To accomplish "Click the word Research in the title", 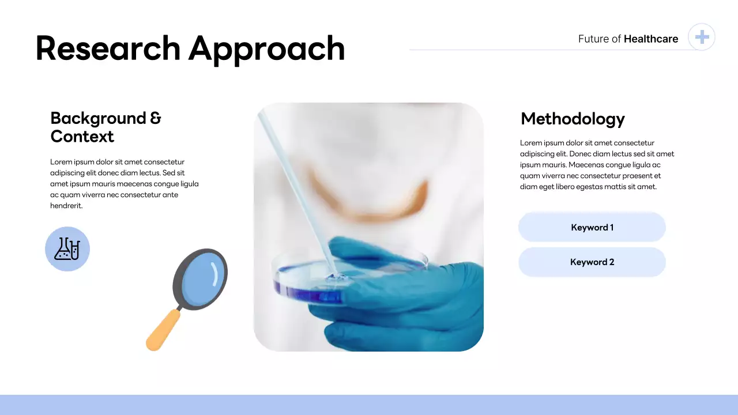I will click(x=108, y=48).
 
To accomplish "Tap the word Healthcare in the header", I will click(x=651, y=39).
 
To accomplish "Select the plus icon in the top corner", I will click(x=702, y=37).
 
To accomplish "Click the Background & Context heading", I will click(x=106, y=127).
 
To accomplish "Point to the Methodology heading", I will click(x=573, y=119).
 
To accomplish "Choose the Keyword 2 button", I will click(x=592, y=262).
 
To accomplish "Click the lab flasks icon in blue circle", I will click(x=67, y=249).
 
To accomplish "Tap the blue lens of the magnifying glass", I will click(x=201, y=279).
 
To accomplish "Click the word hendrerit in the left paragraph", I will click(x=66, y=206).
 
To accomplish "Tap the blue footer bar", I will click(x=369, y=405).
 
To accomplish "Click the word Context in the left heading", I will click(x=82, y=137).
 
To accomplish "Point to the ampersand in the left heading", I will click(x=156, y=118).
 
